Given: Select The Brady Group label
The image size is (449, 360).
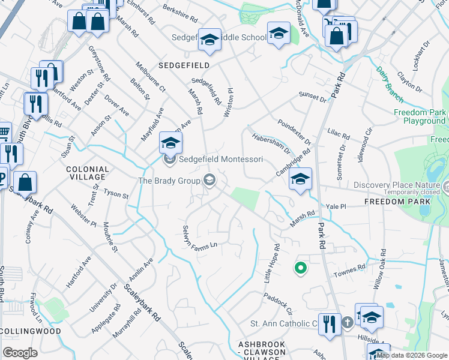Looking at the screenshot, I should pos(169,180).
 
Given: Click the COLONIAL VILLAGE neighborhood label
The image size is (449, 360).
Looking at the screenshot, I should pos(88,173).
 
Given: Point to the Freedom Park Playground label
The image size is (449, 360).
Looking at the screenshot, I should pos(420,116).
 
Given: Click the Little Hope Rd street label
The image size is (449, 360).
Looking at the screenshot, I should pos(272,259).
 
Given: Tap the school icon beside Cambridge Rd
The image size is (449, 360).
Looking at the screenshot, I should pos(300,179).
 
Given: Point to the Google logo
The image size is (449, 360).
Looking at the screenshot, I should pos(20,353).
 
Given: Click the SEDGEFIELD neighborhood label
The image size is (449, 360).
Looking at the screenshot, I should pos(184,65).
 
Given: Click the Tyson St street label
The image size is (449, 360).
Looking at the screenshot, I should pos(116,194).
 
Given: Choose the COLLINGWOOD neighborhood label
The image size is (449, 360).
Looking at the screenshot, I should pos(31,331).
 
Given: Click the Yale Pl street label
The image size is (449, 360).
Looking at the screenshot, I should pos(336,206).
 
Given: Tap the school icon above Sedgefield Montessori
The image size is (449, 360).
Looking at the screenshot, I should pos(170,143).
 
